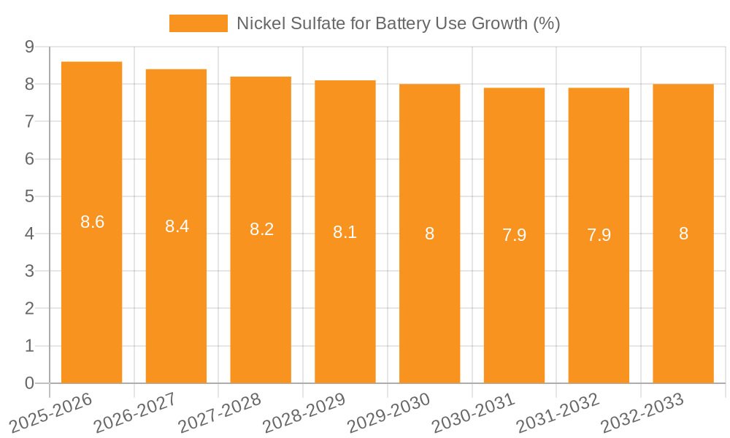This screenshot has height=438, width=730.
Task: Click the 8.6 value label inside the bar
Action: click(x=93, y=223)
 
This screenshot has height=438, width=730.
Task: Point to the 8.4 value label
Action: click(x=177, y=226)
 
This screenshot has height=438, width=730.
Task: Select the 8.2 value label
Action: click(x=261, y=229)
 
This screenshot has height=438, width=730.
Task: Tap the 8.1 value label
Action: click(x=345, y=232)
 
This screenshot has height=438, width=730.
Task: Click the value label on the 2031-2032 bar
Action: click(x=599, y=235)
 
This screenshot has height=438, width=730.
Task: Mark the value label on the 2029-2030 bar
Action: click(x=430, y=234)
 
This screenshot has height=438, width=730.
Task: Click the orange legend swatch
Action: click(x=198, y=23)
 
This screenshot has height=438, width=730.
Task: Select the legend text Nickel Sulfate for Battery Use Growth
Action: click(x=398, y=23)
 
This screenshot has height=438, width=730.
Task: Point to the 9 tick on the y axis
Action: click(x=29, y=47)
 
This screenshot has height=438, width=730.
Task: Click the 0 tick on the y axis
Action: click(x=29, y=383)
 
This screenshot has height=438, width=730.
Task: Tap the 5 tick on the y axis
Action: click(x=29, y=196)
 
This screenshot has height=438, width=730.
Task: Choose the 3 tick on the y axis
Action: click(x=29, y=272)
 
